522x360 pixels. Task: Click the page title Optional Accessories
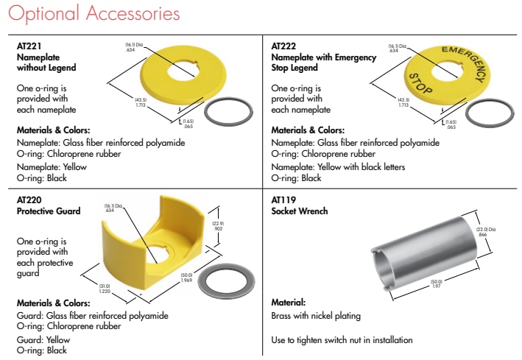(x=94, y=13)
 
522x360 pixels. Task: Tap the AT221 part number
(x=29, y=46)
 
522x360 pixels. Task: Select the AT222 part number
(x=283, y=46)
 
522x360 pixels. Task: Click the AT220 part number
(x=29, y=200)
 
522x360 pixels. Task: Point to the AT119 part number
(x=283, y=200)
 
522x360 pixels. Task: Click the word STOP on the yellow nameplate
(x=421, y=84)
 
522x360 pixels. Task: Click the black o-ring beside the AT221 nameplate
(x=228, y=111)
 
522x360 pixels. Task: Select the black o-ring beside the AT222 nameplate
(x=490, y=113)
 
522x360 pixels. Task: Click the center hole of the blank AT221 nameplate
(x=183, y=70)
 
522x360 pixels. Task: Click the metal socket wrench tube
(x=424, y=253)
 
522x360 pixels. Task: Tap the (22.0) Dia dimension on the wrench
(x=485, y=232)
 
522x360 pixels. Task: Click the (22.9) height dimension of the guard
(x=218, y=226)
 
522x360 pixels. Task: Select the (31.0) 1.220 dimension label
(x=105, y=289)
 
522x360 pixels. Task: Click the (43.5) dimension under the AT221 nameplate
(x=141, y=102)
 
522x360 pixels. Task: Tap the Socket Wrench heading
(x=299, y=211)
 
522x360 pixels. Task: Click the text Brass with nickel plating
(x=316, y=316)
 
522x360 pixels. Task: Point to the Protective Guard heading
(x=49, y=211)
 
